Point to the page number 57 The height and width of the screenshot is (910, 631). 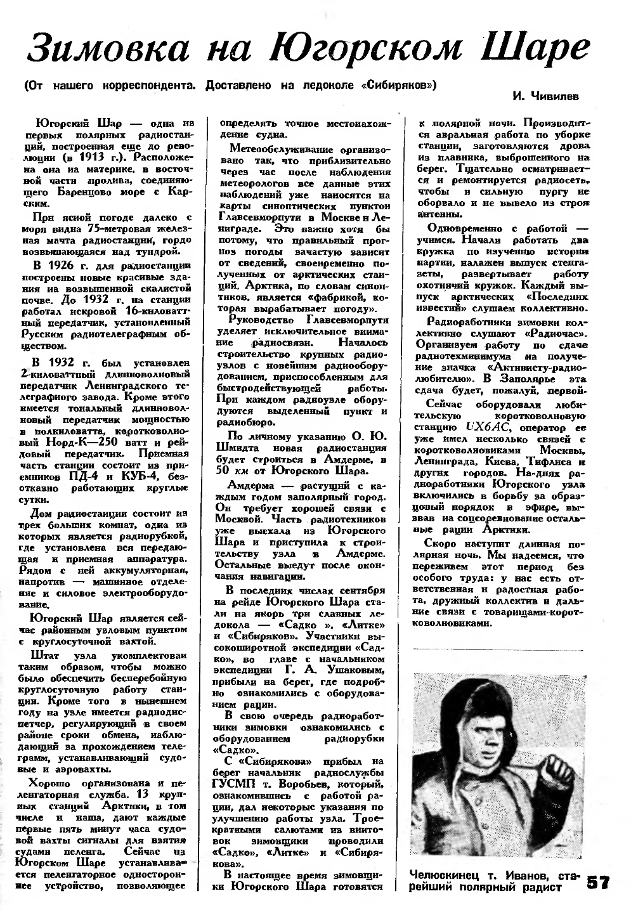coord(598,883)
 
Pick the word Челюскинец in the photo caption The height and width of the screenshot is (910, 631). coord(446,876)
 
